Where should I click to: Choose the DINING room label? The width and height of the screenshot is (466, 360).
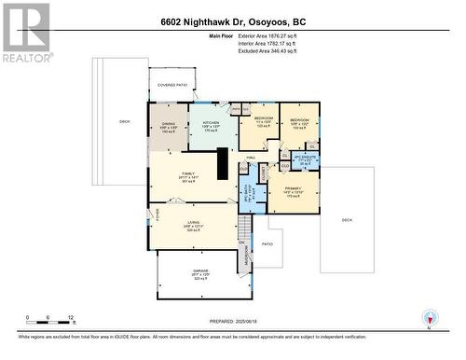168,121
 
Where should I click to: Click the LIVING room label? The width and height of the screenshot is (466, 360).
192,222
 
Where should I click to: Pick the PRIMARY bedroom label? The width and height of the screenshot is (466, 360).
292,189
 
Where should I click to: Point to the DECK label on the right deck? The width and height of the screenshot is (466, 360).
347,219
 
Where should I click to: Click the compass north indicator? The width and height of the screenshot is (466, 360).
429,318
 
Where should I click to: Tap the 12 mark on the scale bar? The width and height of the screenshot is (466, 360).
71,317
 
